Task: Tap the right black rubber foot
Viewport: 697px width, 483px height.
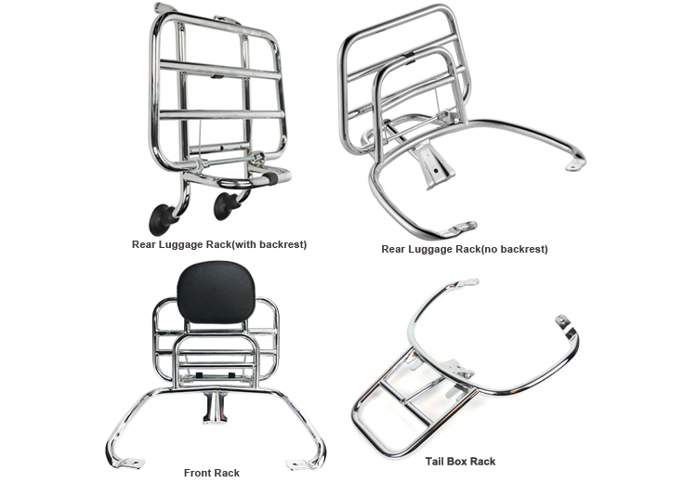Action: pyautogui.click(x=225, y=206)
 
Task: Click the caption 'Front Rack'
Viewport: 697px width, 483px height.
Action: pyautogui.click(x=212, y=473)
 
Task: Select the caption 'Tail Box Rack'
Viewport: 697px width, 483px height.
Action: pyautogui.click(x=460, y=462)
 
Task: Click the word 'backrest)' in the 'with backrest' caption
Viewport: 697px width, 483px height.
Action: pyautogui.click(x=283, y=244)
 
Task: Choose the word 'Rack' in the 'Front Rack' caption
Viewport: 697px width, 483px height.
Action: pyautogui.click(x=228, y=473)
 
